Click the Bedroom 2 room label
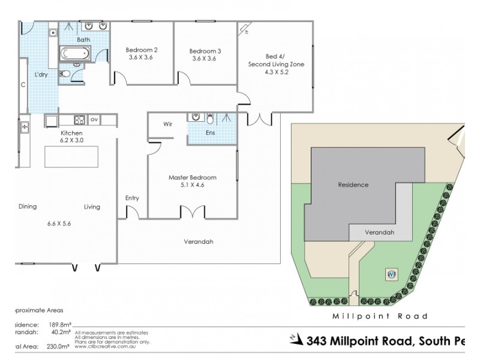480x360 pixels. [x=142, y=54]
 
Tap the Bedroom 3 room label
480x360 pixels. [x=205, y=55]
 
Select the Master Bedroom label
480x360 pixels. [x=192, y=181]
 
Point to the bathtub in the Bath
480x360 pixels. [x=74, y=53]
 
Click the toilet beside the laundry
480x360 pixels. [x=66, y=74]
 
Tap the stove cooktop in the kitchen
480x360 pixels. [x=79, y=119]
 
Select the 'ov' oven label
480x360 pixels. [x=94, y=119]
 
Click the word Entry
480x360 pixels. [x=132, y=198]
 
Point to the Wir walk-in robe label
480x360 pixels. [x=169, y=124]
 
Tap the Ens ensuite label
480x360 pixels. [x=210, y=132]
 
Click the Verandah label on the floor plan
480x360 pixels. [x=199, y=242]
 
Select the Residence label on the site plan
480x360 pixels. [x=353, y=185]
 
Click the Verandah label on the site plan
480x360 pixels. [x=380, y=232]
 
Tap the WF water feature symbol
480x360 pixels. [x=391, y=274]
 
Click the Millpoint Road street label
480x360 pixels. [x=380, y=316]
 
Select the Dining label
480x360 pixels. [x=28, y=206]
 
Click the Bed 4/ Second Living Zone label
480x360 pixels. [x=276, y=64]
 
